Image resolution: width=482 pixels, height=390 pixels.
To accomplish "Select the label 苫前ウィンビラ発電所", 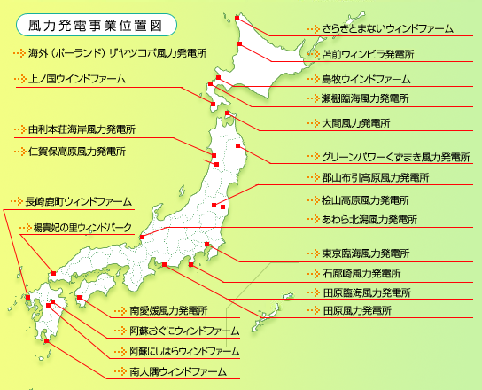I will [x=369, y=55].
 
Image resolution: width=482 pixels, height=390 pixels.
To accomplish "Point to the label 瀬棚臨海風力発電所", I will [x=365, y=97].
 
